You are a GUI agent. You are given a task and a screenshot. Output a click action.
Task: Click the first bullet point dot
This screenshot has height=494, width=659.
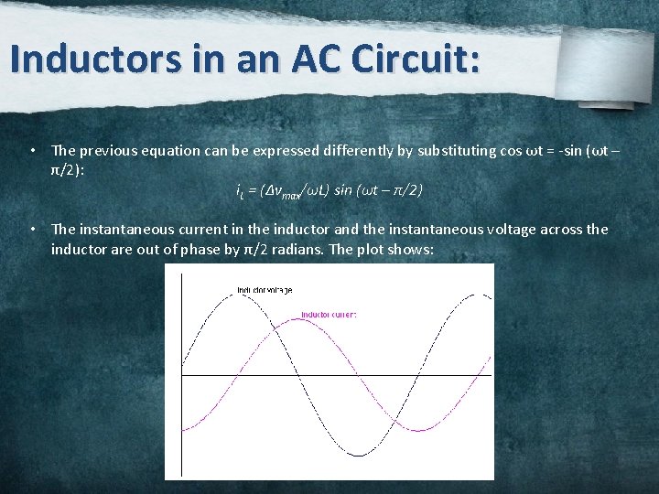32,150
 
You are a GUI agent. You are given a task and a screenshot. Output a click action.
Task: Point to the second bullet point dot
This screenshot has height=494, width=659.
32,230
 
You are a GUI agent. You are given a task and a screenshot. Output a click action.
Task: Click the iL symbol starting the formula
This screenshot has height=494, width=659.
240,192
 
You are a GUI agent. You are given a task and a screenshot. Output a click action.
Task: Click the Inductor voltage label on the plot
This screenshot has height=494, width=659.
265,290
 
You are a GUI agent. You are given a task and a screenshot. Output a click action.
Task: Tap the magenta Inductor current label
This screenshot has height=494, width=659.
329,315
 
